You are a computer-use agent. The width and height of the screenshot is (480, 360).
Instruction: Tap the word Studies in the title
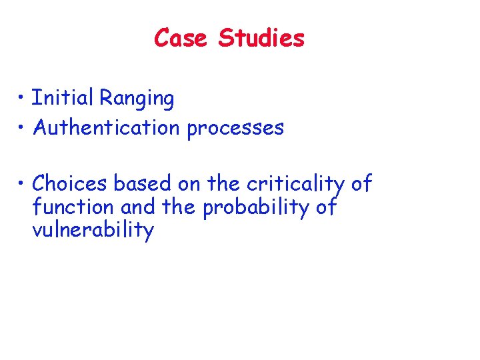(x=261, y=38)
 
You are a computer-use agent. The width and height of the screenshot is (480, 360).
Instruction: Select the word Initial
(x=63, y=99)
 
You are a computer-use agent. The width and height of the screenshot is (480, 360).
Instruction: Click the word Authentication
(x=106, y=127)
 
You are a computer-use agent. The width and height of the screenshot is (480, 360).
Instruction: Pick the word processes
(x=235, y=128)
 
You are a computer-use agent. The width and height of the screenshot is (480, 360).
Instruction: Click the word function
(x=74, y=207)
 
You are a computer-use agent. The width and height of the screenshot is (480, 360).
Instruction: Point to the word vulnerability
(x=93, y=231)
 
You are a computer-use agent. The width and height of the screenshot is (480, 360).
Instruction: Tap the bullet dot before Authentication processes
(x=22, y=127)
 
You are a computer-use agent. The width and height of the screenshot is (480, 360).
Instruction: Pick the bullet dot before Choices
(x=22, y=183)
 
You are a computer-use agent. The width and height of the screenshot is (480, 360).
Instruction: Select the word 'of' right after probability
(x=326, y=207)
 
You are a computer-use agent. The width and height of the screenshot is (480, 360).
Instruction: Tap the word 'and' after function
(x=138, y=207)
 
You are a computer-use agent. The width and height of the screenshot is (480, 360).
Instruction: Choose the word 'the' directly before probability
(x=179, y=207)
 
